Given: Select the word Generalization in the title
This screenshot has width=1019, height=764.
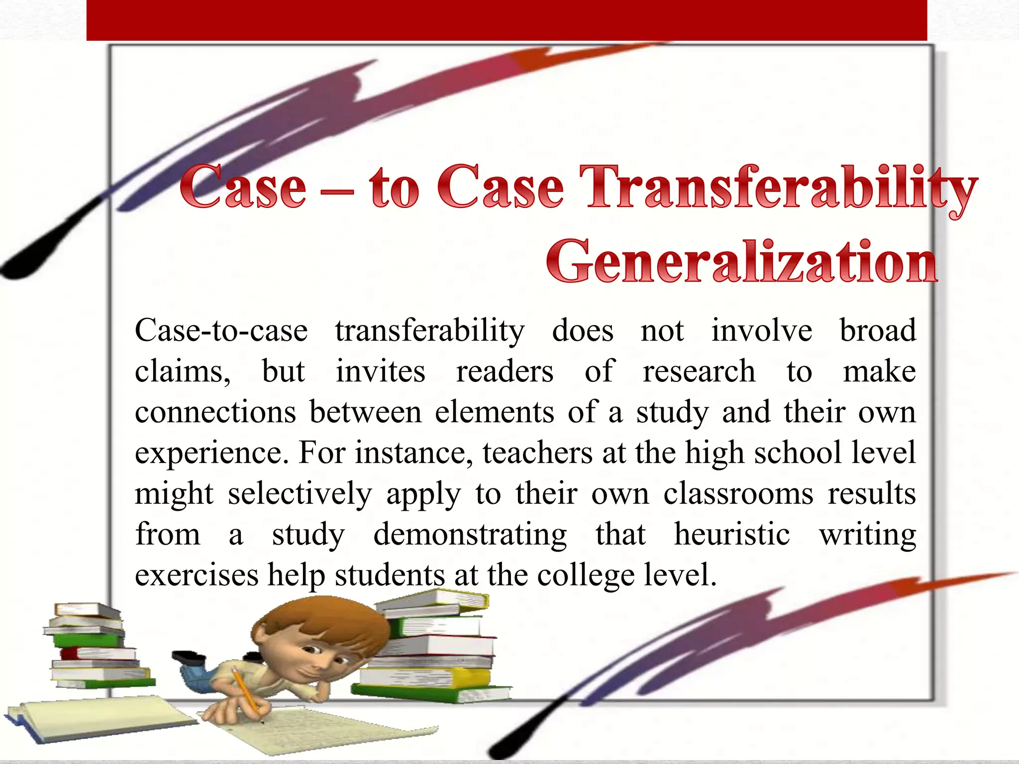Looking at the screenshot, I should tap(742, 262).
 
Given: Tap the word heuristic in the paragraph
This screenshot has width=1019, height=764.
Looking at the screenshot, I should tap(732, 535).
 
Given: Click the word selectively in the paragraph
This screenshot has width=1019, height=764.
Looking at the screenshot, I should tap(300, 494).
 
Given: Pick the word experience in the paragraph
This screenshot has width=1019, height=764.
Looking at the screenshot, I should tap(211, 454).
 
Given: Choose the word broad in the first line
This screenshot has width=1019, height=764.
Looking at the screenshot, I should tap(878, 330).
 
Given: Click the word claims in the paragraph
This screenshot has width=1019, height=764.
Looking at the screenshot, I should tap(182, 372).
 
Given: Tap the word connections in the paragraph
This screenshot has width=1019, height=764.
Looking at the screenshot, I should tap(215, 413).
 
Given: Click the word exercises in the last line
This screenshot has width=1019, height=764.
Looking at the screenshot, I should tap(197, 575).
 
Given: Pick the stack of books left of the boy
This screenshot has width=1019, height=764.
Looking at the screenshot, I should tap(95, 647).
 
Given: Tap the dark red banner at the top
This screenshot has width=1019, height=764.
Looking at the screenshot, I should tap(507, 20).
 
